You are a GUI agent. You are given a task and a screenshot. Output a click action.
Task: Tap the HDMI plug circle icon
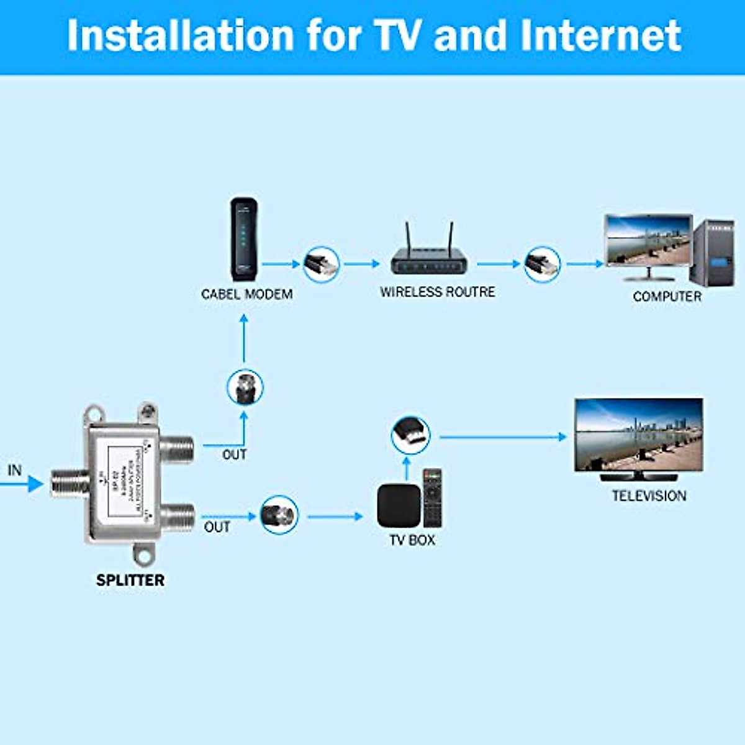[x=410, y=435]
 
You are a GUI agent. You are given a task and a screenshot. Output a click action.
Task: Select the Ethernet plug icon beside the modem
[x=322, y=264]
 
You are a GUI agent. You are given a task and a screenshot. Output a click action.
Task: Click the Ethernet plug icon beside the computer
[x=542, y=264]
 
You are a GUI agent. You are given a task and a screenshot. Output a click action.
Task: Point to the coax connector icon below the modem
[x=245, y=388]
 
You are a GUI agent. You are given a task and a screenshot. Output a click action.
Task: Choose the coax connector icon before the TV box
[x=279, y=515]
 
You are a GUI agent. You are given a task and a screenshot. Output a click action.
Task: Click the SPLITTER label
[x=130, y=580]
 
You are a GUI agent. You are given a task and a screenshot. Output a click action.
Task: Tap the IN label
[x=15, y=471]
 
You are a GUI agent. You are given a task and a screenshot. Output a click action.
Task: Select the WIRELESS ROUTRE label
[x=438, y=292]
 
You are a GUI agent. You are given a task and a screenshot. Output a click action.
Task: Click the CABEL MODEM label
[x=247, y=294]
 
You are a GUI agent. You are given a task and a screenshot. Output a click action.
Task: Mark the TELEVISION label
[x=649, y=496]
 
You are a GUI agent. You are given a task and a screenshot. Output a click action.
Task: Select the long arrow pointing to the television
[x=503, y=437]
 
